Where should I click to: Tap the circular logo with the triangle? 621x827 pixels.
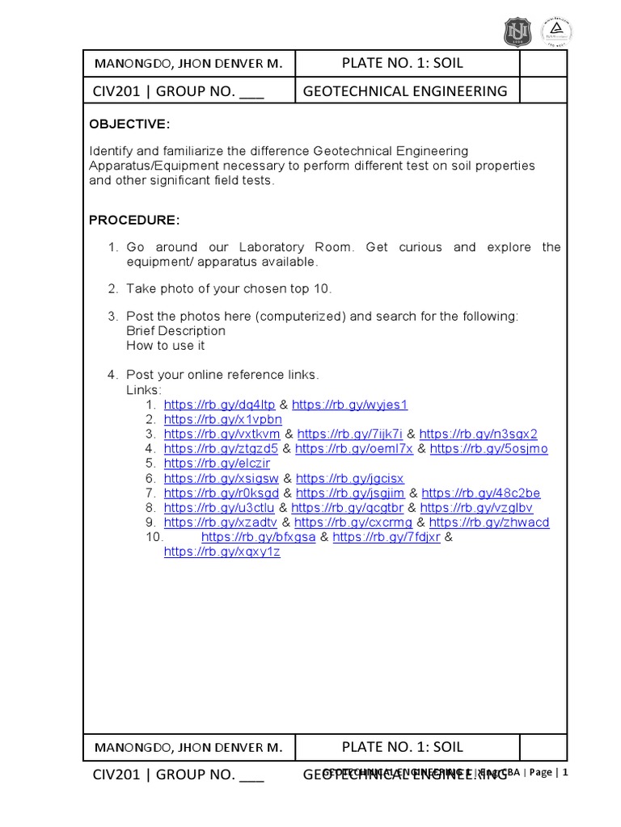556,31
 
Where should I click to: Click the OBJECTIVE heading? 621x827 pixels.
129,123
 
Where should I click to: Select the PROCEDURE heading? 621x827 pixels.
134,220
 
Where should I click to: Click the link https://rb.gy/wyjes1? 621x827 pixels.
349,405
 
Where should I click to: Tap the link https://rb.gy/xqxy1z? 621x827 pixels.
222,552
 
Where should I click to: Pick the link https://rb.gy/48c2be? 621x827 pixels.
481,493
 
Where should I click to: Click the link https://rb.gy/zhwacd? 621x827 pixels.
488,523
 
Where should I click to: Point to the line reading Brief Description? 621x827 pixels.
175,331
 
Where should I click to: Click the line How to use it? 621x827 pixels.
165,346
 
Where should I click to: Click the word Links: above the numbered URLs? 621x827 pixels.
144,390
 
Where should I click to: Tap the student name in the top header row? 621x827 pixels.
188,64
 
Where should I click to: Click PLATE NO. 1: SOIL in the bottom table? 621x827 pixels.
403,747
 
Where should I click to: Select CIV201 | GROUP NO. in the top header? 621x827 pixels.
179,91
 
